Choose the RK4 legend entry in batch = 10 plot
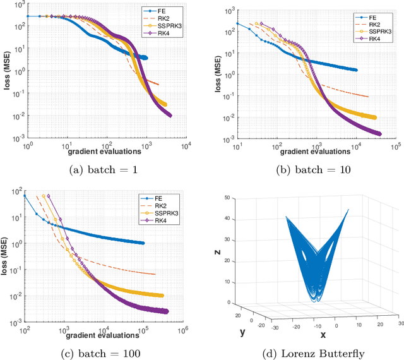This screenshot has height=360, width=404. tap(361, 39)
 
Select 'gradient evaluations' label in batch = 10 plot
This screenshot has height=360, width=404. tap(314, 151)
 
